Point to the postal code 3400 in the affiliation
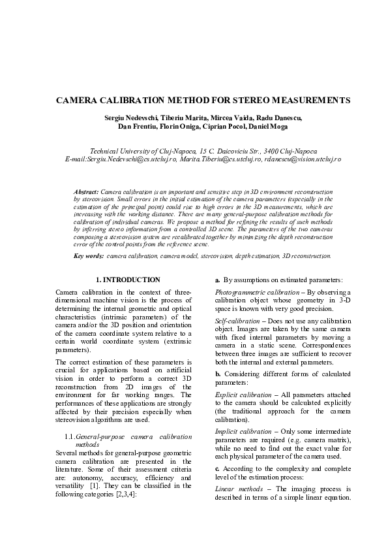tap(267, 150)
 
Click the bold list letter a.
tap(218, 280)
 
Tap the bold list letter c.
tap(217, 470)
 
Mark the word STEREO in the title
tap(248, 101)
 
